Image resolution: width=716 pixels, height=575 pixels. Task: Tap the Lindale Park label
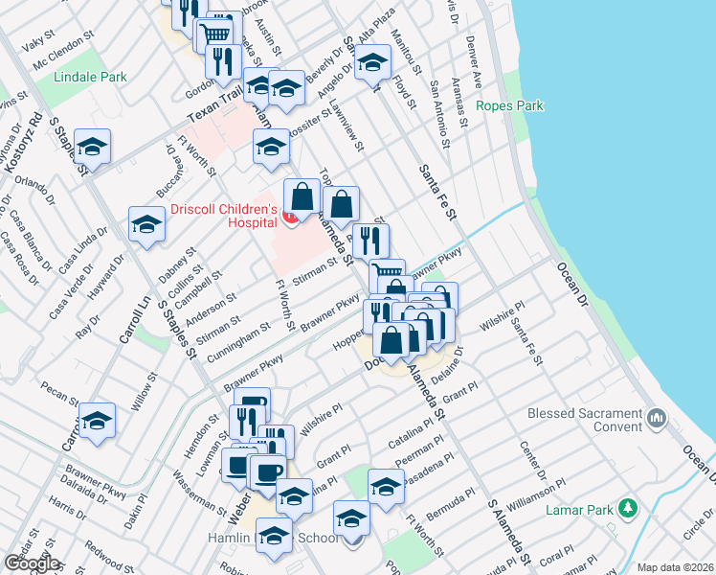pyautogui.click(x=90, y=77)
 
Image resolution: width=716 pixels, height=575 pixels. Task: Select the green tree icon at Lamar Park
pyautogui.click(x=628, y=507)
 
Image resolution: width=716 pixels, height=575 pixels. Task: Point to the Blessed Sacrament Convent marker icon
pyautogui.click(x=657, y=418)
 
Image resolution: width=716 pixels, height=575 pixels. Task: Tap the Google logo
pyautogui.click(x=32, y=563)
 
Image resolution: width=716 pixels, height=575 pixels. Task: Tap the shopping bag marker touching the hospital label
pyautogui.click(x=302, y=197)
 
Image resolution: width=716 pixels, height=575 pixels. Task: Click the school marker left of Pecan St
pyautogui.click(x=97, y=422)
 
